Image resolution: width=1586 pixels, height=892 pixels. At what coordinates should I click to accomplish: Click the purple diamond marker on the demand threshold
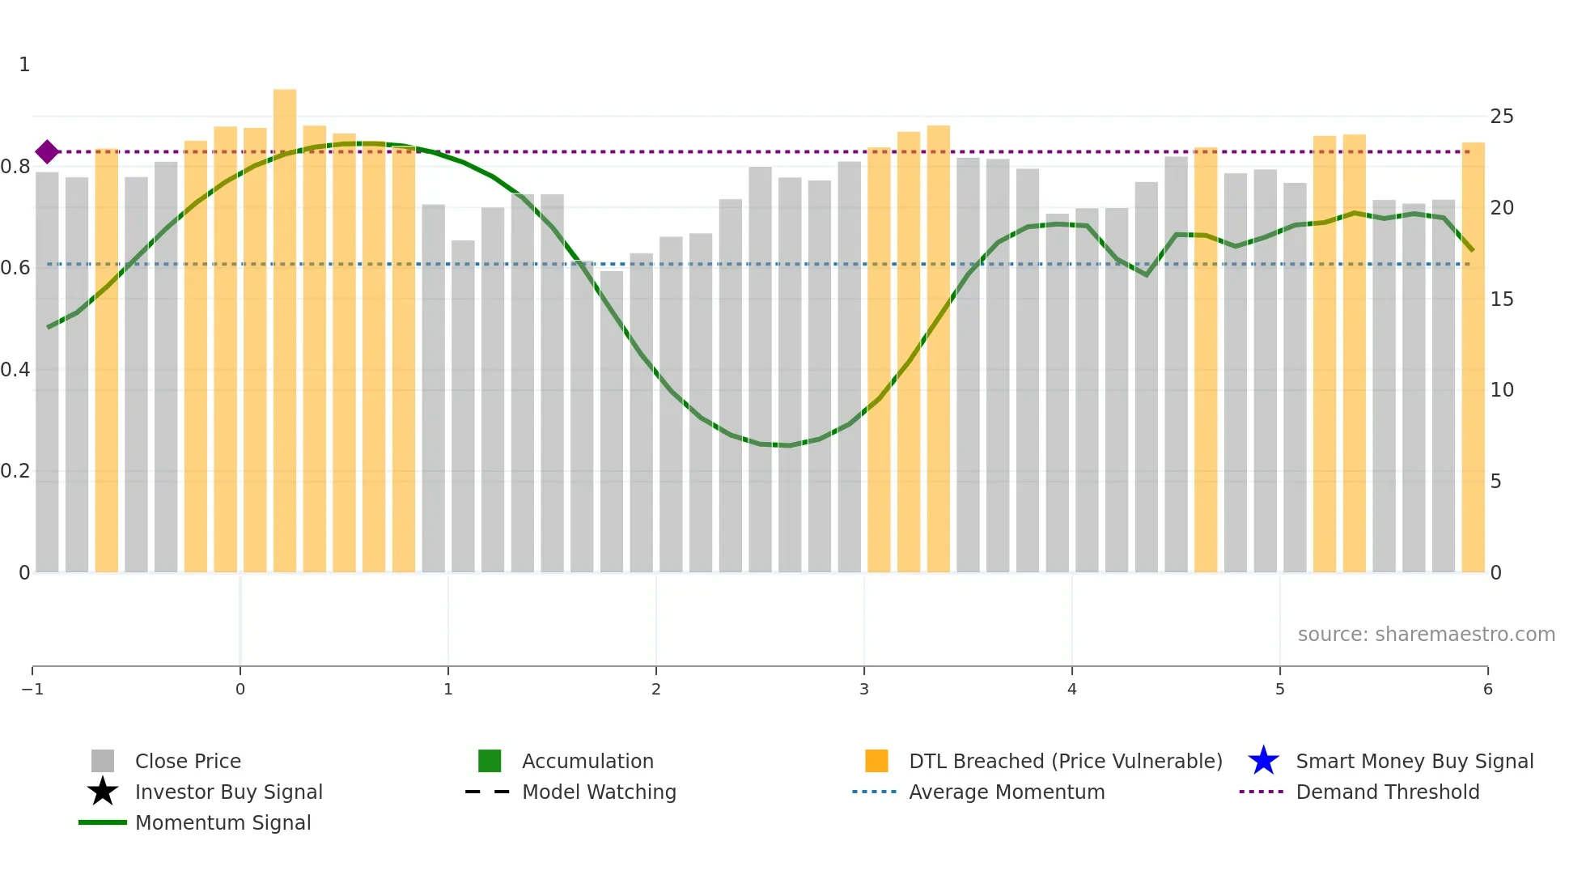click(47, 151)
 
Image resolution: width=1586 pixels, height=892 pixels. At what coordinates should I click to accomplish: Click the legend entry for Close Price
click(188, 761)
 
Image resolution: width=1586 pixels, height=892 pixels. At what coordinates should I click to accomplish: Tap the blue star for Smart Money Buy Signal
click(1263, 761)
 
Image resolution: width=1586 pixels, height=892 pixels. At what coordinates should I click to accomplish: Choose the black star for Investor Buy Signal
click(103, 792)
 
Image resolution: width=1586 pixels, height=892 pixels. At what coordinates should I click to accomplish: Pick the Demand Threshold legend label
click(1387, 792)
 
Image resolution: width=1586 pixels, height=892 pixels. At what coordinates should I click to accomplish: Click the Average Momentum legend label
click(1006, 792)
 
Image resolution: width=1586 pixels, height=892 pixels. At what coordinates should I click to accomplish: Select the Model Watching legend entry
click(599, 792)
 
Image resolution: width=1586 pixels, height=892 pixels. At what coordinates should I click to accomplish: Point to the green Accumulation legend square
click(490, 761)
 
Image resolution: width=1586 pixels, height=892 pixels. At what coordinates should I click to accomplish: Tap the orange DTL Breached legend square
click(876, 761)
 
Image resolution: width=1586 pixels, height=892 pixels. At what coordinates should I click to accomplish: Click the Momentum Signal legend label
click(223, 822)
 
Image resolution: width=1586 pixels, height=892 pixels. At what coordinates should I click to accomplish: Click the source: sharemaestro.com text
click(1426, 634)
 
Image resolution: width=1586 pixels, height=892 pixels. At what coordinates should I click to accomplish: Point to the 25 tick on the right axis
click(1501, 117)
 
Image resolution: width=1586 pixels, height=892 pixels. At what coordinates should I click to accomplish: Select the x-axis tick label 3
click(863, 689)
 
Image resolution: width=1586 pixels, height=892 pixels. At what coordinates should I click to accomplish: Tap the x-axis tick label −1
click(32, 689)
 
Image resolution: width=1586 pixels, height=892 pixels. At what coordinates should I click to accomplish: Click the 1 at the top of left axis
click(24, 65)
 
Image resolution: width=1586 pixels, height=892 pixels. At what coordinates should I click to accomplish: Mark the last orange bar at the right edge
click(1473, 356)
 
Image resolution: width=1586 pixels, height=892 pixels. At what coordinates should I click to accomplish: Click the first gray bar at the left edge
click(47, 372)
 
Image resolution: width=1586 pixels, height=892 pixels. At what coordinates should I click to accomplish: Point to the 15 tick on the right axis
click(1501, 299)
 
